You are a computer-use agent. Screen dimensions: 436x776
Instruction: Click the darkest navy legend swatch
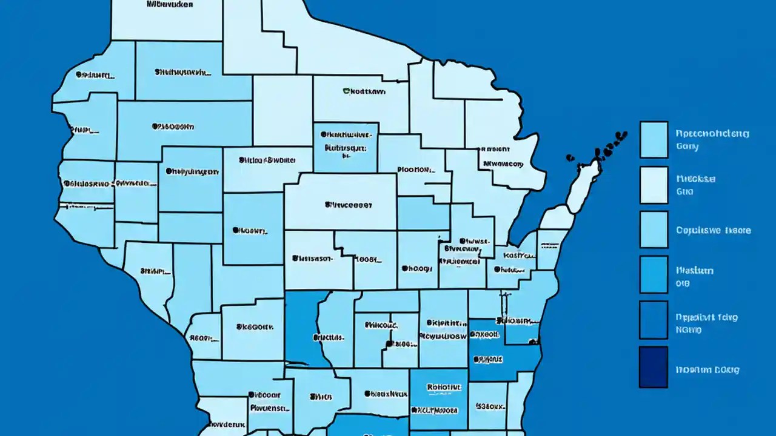(653, 367)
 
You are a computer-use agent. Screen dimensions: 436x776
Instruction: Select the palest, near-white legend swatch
(654, 185)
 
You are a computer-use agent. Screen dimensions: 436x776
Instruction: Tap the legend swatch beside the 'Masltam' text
(654, 274)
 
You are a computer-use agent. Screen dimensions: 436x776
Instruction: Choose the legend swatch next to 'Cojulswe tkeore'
(654, 230)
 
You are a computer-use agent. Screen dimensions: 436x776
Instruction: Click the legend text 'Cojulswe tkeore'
(713, 230)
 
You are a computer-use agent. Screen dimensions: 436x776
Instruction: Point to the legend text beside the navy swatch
(707, 369)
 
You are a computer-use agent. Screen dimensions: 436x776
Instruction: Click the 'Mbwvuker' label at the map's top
(170, 4)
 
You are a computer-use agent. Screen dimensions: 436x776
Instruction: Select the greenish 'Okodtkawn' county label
(364, 92)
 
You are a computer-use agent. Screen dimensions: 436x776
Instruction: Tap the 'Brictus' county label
(329, 337)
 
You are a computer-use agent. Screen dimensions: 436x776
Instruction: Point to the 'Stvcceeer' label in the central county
(348, 205)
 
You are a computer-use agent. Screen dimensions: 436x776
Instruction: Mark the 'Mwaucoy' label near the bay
(503, 163)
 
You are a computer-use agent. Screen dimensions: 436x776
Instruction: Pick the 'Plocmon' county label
(416, 170)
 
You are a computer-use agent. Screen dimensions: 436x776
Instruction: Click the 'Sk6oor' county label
(253, 326)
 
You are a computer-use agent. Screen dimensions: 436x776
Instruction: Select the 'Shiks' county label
(321, 397)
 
